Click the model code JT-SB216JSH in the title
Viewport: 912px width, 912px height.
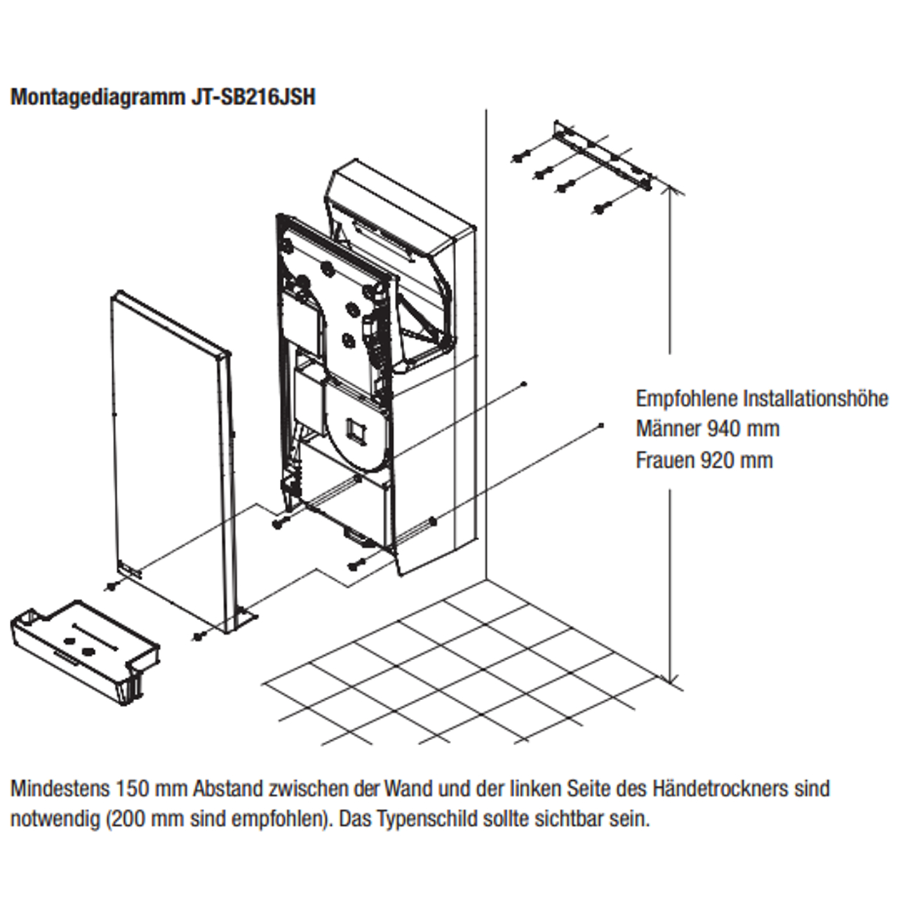click(252, 97)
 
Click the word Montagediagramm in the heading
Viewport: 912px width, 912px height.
click(98, 97)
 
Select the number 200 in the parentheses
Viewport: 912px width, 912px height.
click(127, 819)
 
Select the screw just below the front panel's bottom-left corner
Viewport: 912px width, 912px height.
click(109, 586)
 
